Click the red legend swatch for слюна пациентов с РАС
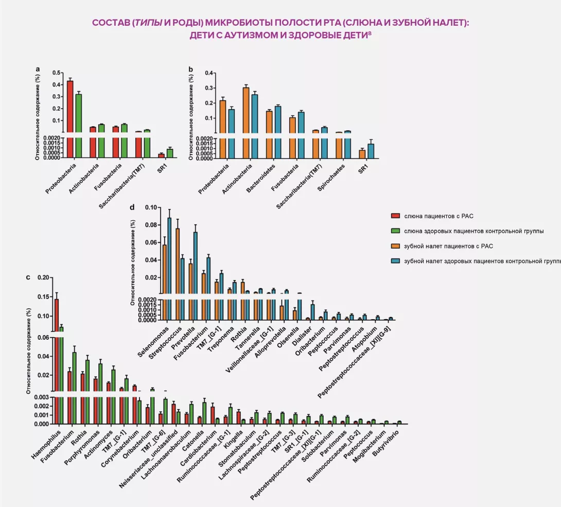(395, 216)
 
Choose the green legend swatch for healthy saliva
(395, 231)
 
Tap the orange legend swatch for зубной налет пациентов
(395, 246)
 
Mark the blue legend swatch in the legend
(395, 261)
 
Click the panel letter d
(132, 207)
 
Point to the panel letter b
(191, 69)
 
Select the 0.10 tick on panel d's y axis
(151, 207)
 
